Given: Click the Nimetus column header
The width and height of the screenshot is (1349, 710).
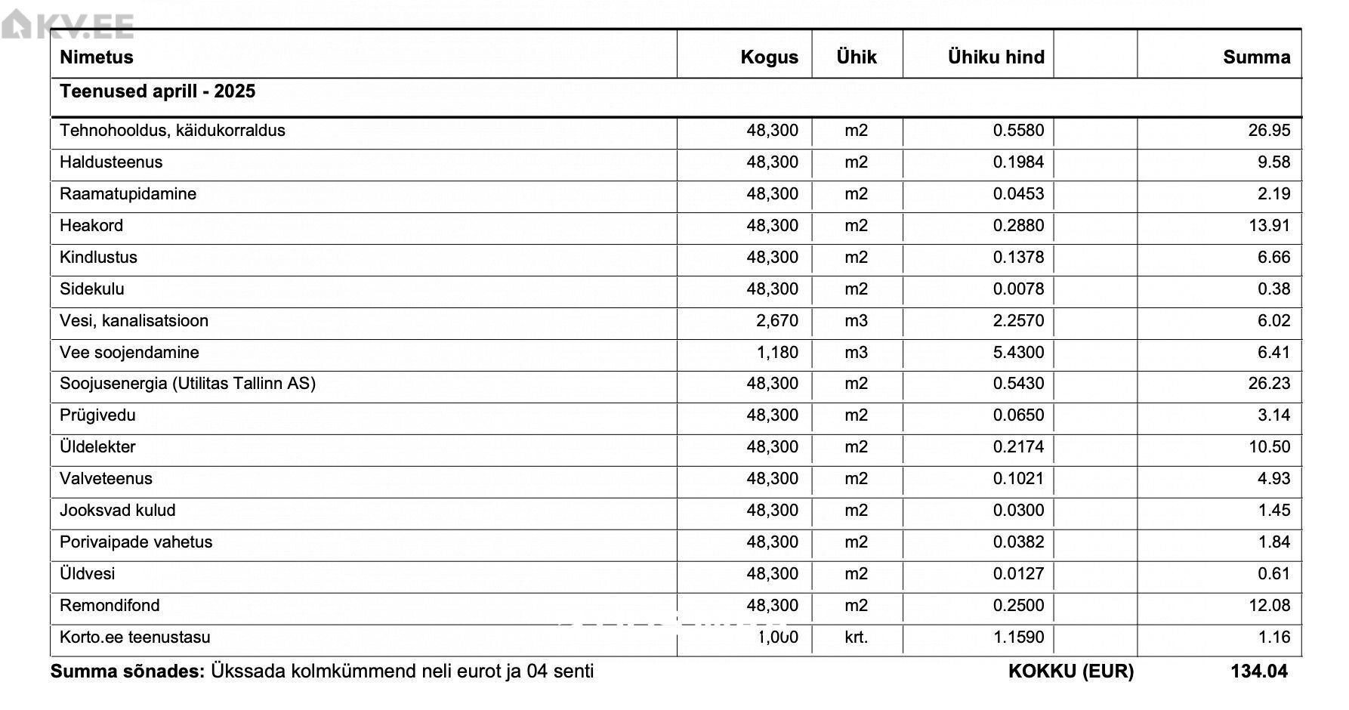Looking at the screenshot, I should tap(96, 57).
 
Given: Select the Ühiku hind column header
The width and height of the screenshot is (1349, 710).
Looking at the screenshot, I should tap(996, 57).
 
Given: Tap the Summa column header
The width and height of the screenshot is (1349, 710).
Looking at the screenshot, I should tap(1256, 57).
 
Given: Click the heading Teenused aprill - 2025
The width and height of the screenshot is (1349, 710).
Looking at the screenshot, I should tap(157, 91).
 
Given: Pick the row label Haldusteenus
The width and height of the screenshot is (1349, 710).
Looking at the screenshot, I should tap(111, 162).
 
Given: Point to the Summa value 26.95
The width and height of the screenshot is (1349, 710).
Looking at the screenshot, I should tap(1269, 131).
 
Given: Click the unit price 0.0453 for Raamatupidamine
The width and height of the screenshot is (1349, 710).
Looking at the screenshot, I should tap(1018, 194).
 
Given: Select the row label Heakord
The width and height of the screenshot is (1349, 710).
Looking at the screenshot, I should tap(91, 226).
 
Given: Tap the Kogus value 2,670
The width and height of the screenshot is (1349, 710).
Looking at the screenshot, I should tap(776, 321).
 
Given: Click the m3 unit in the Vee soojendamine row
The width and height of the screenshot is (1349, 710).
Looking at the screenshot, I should tap(856, 353).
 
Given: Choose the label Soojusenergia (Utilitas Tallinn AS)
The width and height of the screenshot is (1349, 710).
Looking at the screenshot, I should tap(187, 384).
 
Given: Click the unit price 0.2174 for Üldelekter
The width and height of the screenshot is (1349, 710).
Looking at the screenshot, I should tap(1018, 447).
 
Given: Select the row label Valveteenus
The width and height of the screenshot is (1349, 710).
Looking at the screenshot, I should tap(106, 479).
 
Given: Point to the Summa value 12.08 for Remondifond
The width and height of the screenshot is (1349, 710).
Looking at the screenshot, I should tap(1269, 606).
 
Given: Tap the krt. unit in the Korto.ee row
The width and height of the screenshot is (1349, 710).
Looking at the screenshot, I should tap(856, 637).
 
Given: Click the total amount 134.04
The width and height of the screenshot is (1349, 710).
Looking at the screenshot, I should tap(1258, 671).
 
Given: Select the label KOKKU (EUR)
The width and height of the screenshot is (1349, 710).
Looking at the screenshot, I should tap(1070, 671).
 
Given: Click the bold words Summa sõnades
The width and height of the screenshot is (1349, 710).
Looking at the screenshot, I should tap(127, 671).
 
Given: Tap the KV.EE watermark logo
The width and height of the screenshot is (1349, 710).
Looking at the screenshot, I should tap(68, 26).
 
